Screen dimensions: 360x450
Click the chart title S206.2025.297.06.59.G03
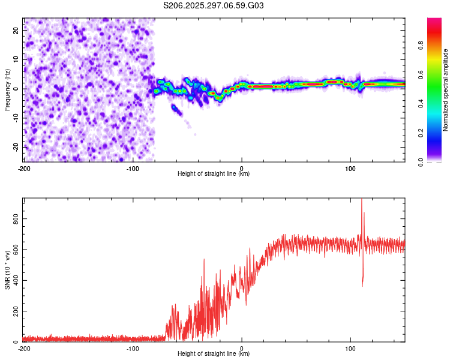coord(214,6)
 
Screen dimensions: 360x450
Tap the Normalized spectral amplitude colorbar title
coord(445,90)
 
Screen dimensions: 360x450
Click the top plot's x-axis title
coord(214,174)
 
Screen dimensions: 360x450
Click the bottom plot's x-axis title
coord(214,353)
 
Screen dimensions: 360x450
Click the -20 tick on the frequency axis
coord(16,147)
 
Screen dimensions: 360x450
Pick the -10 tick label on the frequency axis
coord(16,118)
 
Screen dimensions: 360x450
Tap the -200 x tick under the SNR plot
coord(24,348)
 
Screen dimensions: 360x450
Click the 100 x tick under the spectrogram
coord(350,169)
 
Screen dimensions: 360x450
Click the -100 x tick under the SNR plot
coord(133,348)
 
